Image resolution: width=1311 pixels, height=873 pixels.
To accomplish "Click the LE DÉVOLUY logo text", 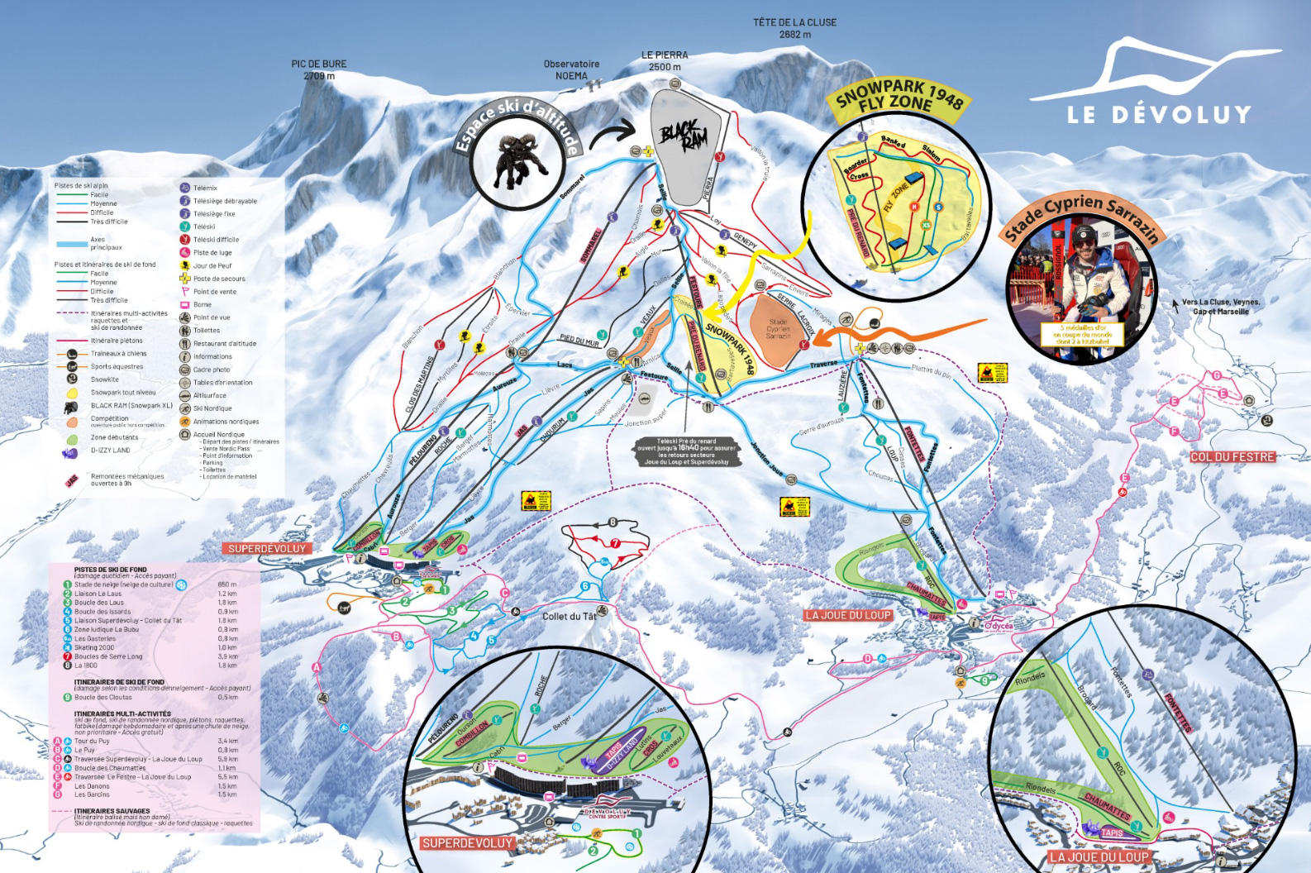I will click(x=1159, y=114).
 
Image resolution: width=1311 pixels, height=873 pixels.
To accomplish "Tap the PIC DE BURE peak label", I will click(x=319, y=69).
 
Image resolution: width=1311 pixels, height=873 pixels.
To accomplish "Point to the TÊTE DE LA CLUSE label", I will click(x=794, y=28).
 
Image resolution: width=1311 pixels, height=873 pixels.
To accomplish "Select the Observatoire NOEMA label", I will click(x=571, y=69).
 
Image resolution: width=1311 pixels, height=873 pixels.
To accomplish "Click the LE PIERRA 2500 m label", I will click(x=665, y=60).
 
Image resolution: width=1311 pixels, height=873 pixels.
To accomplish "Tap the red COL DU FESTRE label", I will click(x=1232, y=457).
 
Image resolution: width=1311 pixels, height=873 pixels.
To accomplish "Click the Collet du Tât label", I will click(x=569, y=616).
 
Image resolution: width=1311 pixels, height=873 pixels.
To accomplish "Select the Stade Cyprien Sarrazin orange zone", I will click(x=779, y=329).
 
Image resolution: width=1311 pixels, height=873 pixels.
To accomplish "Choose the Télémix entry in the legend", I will click(x=205, y=188).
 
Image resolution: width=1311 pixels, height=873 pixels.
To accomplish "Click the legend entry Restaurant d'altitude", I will click(x=224, y=344).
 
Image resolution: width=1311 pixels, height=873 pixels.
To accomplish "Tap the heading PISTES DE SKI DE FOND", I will click(x=111, y=570).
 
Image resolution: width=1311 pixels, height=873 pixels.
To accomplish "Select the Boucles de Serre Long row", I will click(x=108, y=656).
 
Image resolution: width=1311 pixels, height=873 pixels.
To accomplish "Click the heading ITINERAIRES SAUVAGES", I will click(x=112, y=811).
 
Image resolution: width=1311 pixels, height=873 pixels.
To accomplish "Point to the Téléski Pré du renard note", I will click(x=686, y=451).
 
